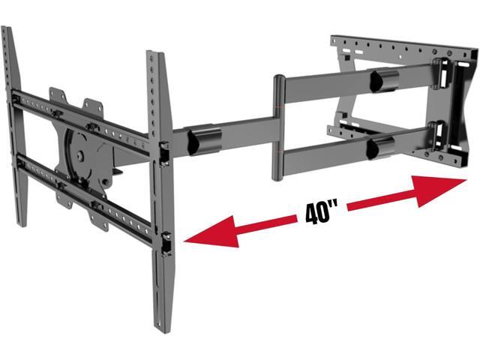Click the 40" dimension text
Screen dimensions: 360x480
pos(322,212)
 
